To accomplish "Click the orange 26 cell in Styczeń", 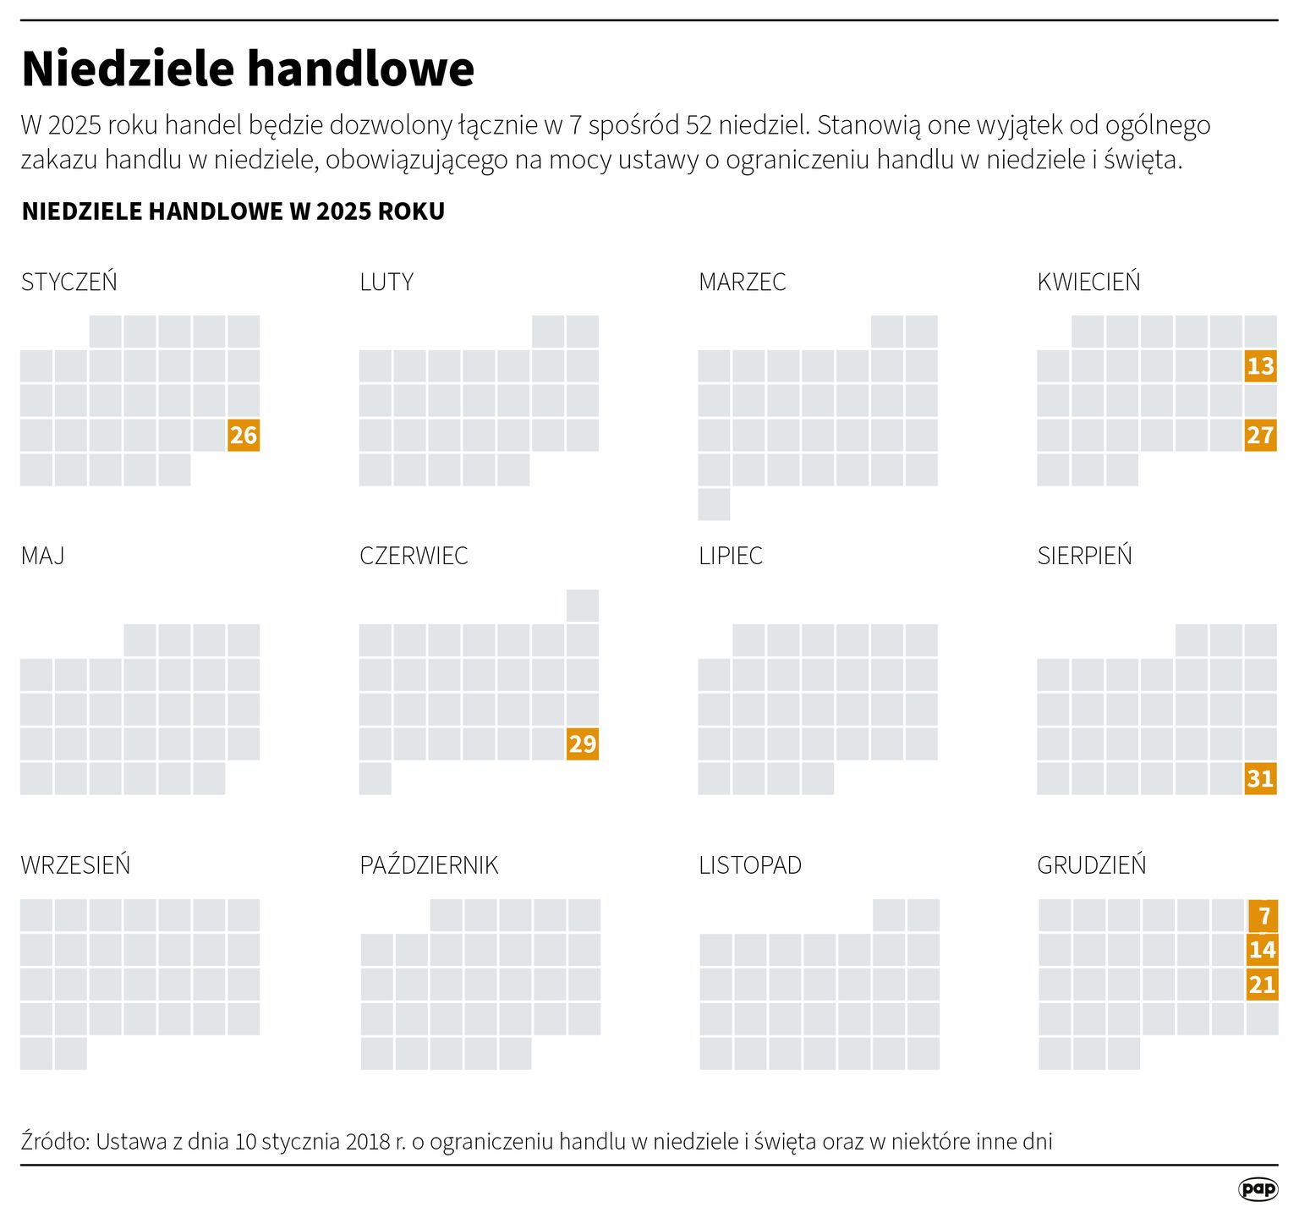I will [244, 436].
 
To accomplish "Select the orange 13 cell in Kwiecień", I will [1260, 366].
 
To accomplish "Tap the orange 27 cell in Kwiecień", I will [1260, 436].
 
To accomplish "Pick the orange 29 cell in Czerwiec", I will [583, 744].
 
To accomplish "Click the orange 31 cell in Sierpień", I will [1260, 778].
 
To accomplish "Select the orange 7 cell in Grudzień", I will [1263, 916].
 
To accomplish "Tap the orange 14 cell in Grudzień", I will [1262, 950].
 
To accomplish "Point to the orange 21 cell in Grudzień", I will [1262, 985].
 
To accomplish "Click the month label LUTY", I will [386, 282].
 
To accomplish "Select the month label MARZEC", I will [742, 282].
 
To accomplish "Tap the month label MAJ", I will [42, 556].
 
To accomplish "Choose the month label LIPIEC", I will [731, 556].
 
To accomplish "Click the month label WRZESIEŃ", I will [75, 865].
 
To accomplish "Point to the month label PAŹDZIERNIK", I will [429, 865].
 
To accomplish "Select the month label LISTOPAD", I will [750, 865].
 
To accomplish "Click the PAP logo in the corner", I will [1258, 1188].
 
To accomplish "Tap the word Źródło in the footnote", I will [55, 1141].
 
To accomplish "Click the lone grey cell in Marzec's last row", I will [714, 505].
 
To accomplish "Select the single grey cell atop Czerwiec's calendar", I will [583, 606].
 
